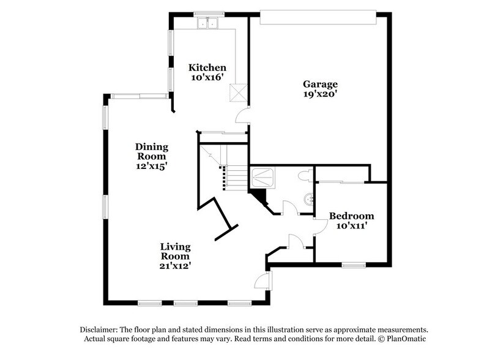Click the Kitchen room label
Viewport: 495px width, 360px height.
(207, 67)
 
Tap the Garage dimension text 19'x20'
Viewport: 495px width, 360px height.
(320, 95)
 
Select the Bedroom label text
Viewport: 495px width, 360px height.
(351, 216)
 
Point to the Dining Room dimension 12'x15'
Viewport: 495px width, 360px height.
(152, 165)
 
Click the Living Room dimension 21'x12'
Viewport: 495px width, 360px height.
(176, 266)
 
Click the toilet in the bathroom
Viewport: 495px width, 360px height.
(304, 176)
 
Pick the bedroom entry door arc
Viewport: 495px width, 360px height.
(319, 227)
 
